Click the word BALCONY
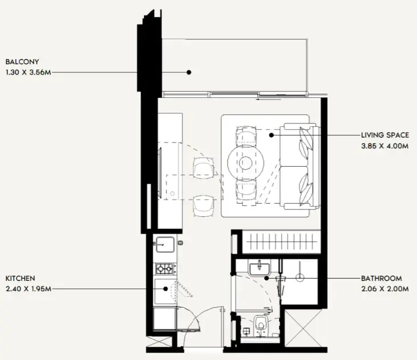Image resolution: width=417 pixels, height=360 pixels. tap(22, 61)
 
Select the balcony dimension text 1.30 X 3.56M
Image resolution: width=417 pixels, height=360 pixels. tap(29, 72)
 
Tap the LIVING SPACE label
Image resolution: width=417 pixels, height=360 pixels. tap(385, 135)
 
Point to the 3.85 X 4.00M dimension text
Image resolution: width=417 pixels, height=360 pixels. tap(385, 146)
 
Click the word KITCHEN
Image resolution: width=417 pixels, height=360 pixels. tap(20, 278)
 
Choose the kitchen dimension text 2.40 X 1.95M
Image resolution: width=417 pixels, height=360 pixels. tap(28, 289)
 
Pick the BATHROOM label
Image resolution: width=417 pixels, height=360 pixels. tap(381, 279)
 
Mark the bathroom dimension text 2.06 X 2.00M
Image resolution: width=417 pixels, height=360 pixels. tap(385, 289)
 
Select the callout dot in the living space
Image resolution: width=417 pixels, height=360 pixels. tap(271, 135)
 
